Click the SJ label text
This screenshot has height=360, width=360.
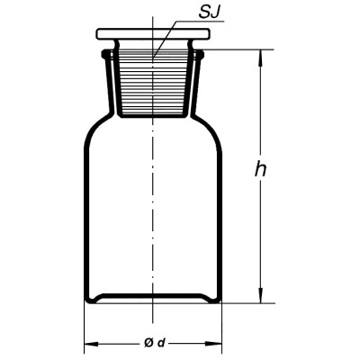[209, 14]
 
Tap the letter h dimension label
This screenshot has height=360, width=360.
[260, 168]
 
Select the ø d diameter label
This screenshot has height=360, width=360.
[155, 342]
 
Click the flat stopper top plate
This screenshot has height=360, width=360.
[153, 34]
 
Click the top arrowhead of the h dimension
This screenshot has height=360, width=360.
[261, 57]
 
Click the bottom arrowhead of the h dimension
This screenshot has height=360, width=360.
[261, 295]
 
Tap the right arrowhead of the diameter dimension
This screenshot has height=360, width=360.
[214, 343]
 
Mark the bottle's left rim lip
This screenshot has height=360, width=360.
[105, 54]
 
